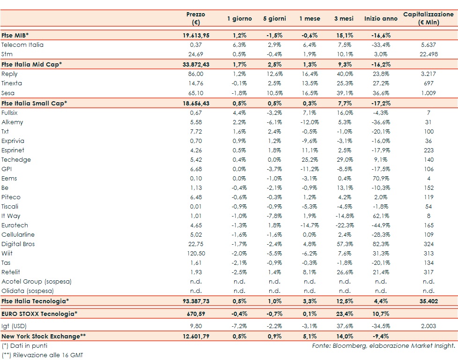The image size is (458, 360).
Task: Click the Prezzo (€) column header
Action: coord(196,19)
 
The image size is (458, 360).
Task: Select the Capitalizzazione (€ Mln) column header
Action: coord(428,19)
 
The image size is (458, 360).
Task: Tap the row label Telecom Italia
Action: coord(22,45)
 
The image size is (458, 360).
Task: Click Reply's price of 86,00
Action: coord(196,74)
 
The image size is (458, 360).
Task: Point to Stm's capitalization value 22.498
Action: coord(428,54)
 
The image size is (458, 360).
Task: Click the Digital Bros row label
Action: coord(18,244)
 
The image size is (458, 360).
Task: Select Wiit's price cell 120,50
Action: coord(196,254)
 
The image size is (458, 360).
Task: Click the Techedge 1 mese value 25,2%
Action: coord(310,160)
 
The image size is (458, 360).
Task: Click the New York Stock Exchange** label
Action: coord(44,336)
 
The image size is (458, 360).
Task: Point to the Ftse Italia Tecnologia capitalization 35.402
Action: coord(428,301)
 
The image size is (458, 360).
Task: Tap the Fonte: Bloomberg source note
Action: coord(384,346)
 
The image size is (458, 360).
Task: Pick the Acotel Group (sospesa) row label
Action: coord(35,282)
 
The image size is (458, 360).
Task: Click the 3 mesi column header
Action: coord(344,19)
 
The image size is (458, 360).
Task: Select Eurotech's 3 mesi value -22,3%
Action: coord(344,225)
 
